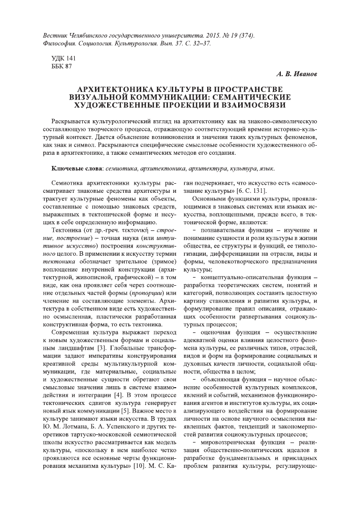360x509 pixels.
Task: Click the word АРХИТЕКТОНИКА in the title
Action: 113,89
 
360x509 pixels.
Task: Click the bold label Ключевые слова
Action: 75,168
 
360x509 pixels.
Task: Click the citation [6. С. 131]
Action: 247,190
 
